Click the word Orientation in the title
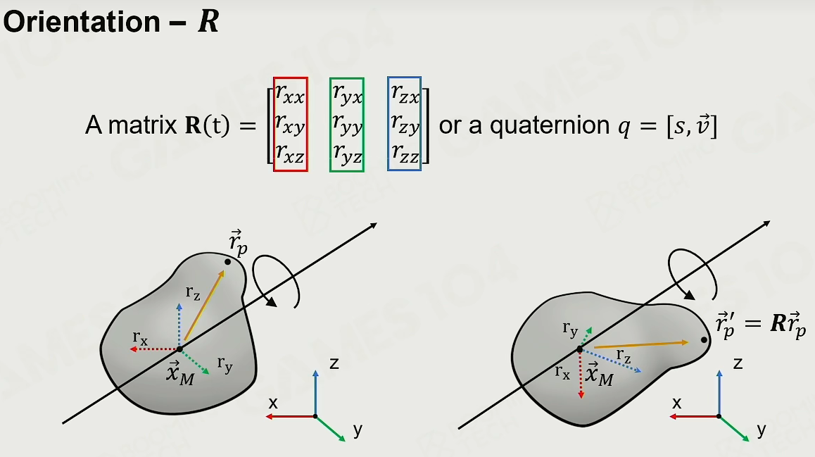[82, 22]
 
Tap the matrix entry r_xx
[290, 94]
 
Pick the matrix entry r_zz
[405, 154]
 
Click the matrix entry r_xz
[290, 154]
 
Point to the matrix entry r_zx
[405, 94]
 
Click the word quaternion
[550, 126]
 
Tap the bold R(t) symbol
[208, 126]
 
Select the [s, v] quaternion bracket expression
[692, 126]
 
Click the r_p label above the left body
[238, 244]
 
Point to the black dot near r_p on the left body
[227, 261]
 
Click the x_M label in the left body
[180, 373]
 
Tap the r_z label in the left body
[193, 294]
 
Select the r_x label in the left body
[140, 339]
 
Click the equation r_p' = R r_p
[761, 325]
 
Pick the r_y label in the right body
[570, 329]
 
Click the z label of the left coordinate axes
[334, 363]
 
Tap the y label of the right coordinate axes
[762, 430]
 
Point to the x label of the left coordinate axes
[273, 402]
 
